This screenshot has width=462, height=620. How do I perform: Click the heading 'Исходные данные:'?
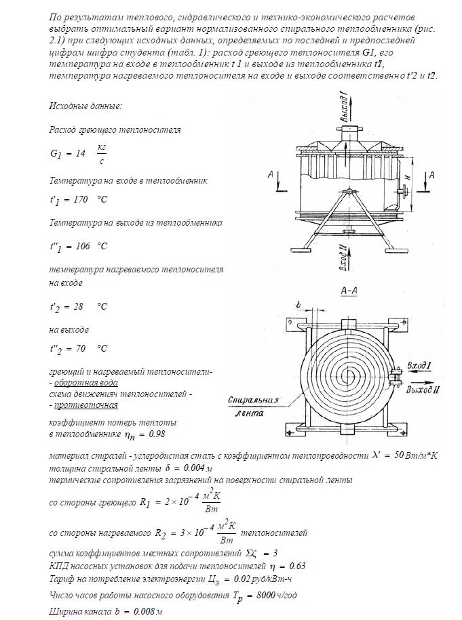(85, 107)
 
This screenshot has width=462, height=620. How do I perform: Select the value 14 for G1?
(81, 154)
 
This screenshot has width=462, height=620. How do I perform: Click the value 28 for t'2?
(77, 306)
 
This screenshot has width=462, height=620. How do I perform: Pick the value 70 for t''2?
(78, 348)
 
